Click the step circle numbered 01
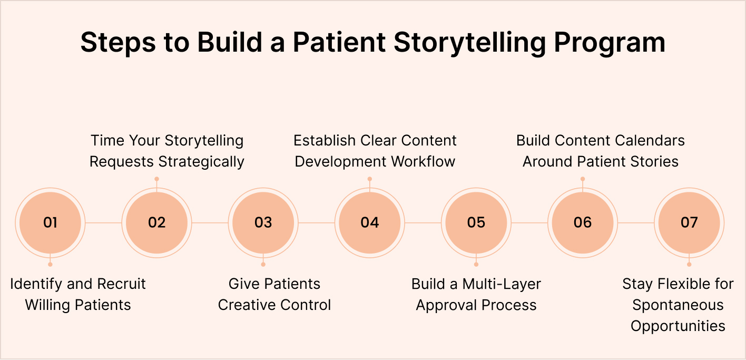click(x=50, y=222)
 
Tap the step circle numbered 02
click(x=156, y=222)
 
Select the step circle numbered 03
click(x=263, y=222)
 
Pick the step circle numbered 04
click(x=369, y=222)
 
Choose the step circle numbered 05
click(x=476, y=222)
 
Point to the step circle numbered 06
click(x=582, y=222)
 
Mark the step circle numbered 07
click(x=689, y=222)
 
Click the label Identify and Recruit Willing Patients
click(x=78, y=294)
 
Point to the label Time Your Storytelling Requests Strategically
click(x=167, y=151)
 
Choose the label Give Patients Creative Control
click(x=274, y=294)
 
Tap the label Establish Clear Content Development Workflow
click(x=375, y=151)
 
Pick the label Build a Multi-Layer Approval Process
click(x=476, y=294)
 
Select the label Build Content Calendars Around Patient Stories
click(x=601, y=151)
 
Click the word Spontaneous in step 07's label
click(x=678, y=305)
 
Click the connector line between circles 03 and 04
click(x=316, y=222)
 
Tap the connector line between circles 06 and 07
click(x=635, y=222)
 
